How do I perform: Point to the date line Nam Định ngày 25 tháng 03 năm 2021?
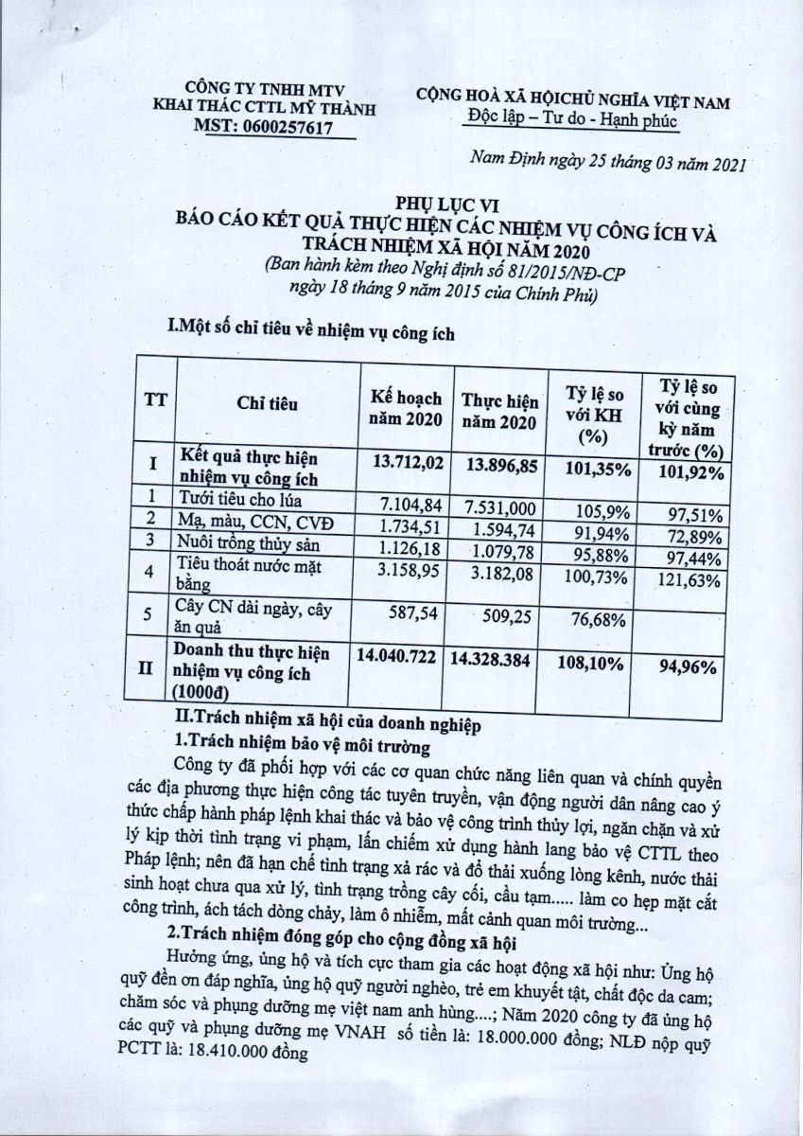pos(608,165)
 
